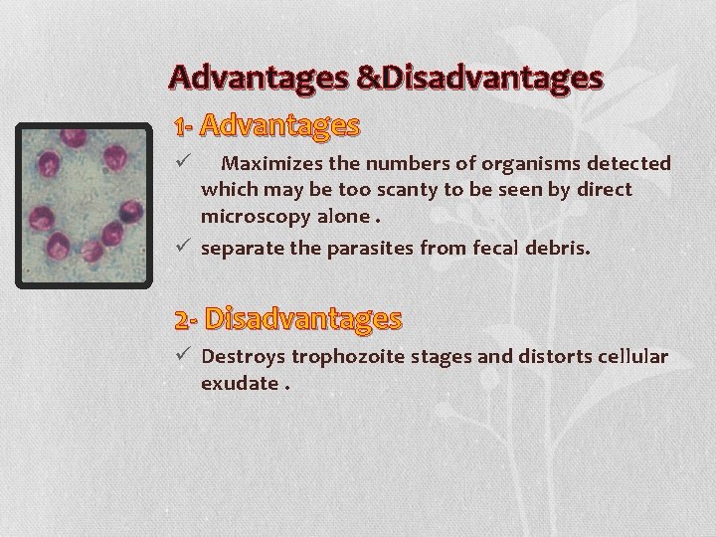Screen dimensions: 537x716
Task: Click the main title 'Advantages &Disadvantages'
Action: point(385,78)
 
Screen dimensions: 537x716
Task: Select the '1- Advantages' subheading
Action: point(266,126)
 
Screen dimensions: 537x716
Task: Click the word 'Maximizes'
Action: point(265,163)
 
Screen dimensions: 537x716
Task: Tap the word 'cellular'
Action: point(628,356)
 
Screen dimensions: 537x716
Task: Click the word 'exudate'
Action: point(237,381)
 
